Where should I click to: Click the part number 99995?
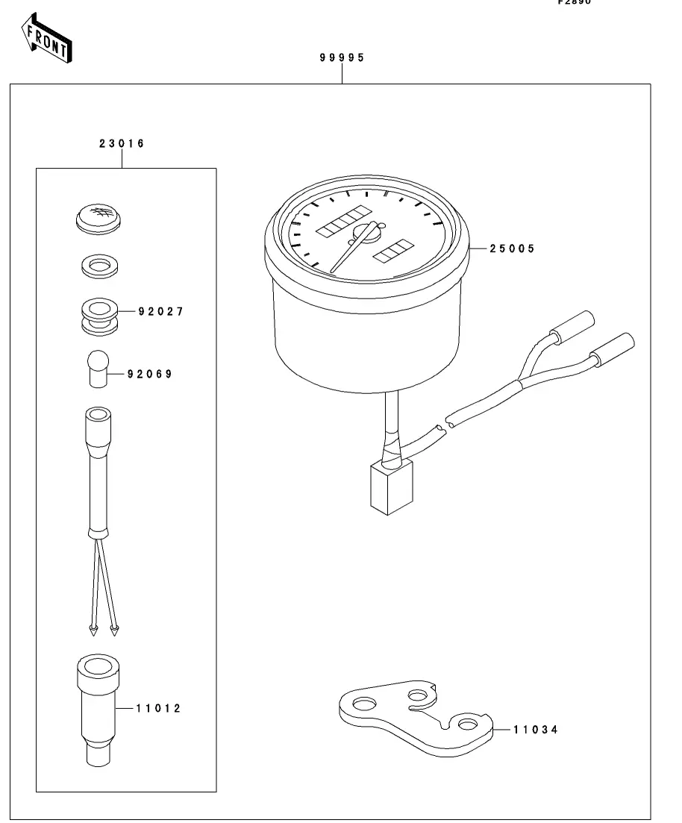[x=342, y=58]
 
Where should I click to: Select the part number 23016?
[x=122, y=143]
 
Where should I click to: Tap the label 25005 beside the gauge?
[x=512, y=249]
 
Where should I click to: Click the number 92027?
[x=160, y=311]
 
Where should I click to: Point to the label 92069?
[x=149, y=374]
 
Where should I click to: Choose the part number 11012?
[x=158, y=708]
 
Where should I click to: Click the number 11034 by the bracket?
[x=535, y=730]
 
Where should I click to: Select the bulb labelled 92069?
[x=96, y=368]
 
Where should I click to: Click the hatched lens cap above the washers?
[x=98, y=218]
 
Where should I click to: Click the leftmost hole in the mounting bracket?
[x=364, y=704]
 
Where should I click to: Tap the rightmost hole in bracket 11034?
[x=468, y=724]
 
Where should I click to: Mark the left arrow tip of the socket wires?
[x=93, y=631]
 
